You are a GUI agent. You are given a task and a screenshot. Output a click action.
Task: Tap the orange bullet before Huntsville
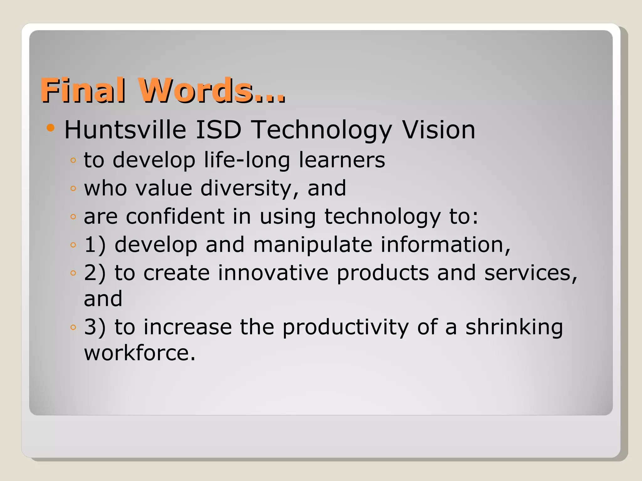[50, 128]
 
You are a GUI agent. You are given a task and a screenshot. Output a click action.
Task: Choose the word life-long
[247, 160]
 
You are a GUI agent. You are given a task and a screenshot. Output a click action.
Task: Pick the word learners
[342, 160]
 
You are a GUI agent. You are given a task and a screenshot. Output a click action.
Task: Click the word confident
[175, 216]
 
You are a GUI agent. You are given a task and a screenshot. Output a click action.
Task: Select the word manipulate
[313, 245]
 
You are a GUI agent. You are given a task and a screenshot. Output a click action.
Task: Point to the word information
[445, 245]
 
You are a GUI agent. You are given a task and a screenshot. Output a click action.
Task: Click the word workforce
[140, 353]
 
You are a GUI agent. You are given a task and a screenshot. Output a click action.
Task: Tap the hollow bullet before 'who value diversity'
[73, 189]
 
